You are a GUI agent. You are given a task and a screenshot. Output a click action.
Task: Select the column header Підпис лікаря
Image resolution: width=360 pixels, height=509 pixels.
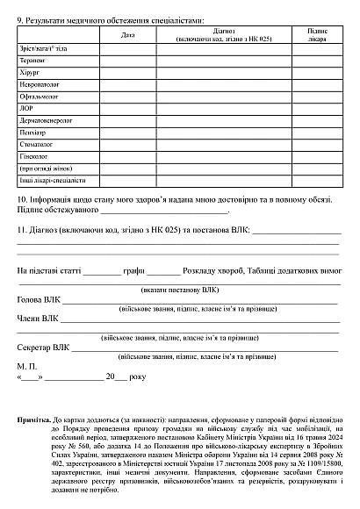click(x=318, y=34)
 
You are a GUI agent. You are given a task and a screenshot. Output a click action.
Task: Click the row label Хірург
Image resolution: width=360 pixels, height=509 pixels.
click(x=29, y=73)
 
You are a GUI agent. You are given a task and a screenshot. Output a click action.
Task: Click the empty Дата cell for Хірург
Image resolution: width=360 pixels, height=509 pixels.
click(x=128, y=73)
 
